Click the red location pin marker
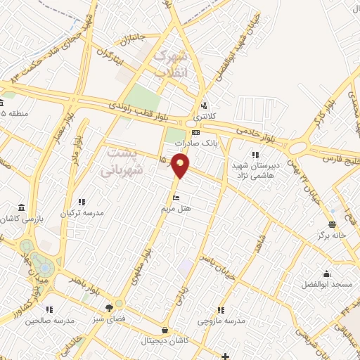point(181,165)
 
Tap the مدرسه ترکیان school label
point(83,212)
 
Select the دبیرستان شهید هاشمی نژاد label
point(257,169)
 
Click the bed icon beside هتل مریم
point(176,198)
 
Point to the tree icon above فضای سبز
point(109,308)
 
